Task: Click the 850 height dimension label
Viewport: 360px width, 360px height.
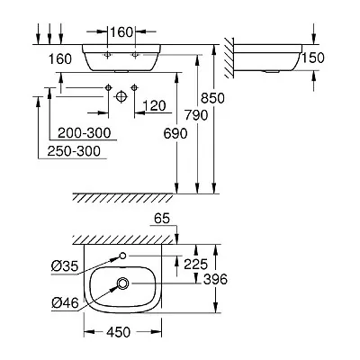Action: point(212,98)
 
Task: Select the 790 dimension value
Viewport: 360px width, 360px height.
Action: point(196,115)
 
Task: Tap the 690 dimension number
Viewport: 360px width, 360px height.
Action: point(175,133)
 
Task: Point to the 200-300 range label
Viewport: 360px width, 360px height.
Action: point(85,133)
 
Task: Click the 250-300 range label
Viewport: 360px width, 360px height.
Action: point(74,151)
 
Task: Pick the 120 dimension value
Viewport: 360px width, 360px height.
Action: point(154,105)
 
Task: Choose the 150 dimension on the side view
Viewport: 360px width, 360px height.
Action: point(313,58)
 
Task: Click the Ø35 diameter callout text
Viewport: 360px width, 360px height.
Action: point(65,265)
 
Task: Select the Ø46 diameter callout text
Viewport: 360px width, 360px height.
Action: point(65,303)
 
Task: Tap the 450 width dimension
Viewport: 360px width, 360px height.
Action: point(119,332)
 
